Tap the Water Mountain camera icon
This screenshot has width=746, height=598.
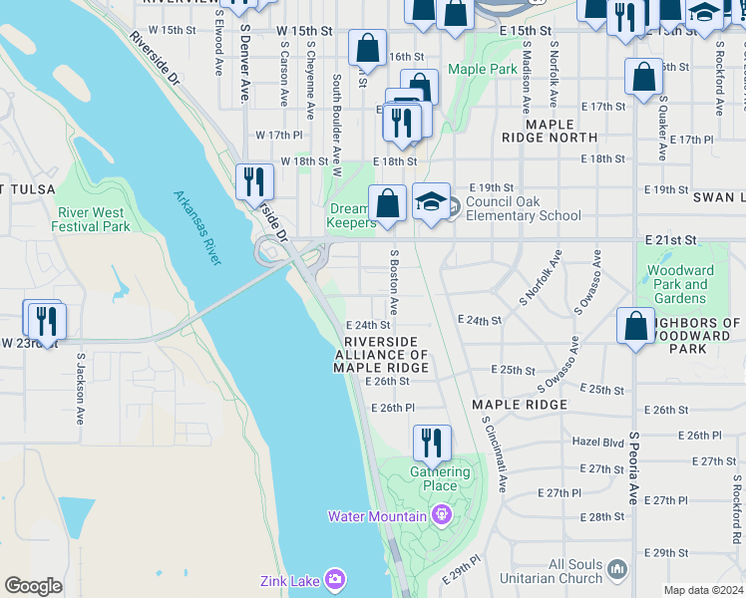pyautogui.click(x=441, y=515)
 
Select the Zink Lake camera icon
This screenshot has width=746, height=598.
pyautogui.click(x=334, y=579)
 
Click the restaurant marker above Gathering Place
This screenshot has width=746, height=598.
pyautogui.click(x=432, y=443)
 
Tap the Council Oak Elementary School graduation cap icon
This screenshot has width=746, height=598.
pyautogui.click(x=431, y=202)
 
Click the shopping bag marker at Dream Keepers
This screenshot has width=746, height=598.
pyautogui.click(x=387, y=204)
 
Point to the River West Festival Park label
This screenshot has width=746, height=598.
pyautogui.click(x=94, y=219)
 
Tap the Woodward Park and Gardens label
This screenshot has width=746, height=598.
pyautogui.click(x=681, y=284)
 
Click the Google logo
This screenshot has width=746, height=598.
pyautogui.click(x=33, y=586)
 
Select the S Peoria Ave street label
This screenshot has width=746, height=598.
pyautogui.click(x=632, y=467)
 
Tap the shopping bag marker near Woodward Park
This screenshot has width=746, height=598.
pyautogui.click(x=635, y=326)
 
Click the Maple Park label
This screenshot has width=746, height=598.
pyautogui.click(x=483, y=69)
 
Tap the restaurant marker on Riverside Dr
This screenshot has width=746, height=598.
pyautogui.click(x=254, y=181)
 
